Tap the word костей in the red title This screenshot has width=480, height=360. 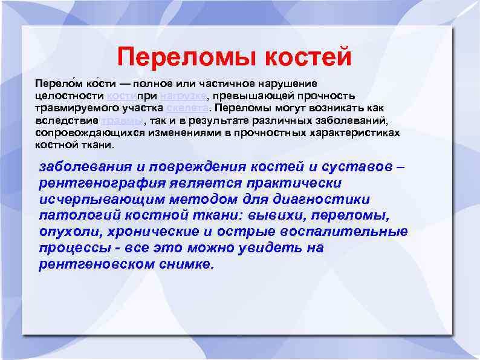pos(308,57)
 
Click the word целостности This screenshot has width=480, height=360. pos(70,96)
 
